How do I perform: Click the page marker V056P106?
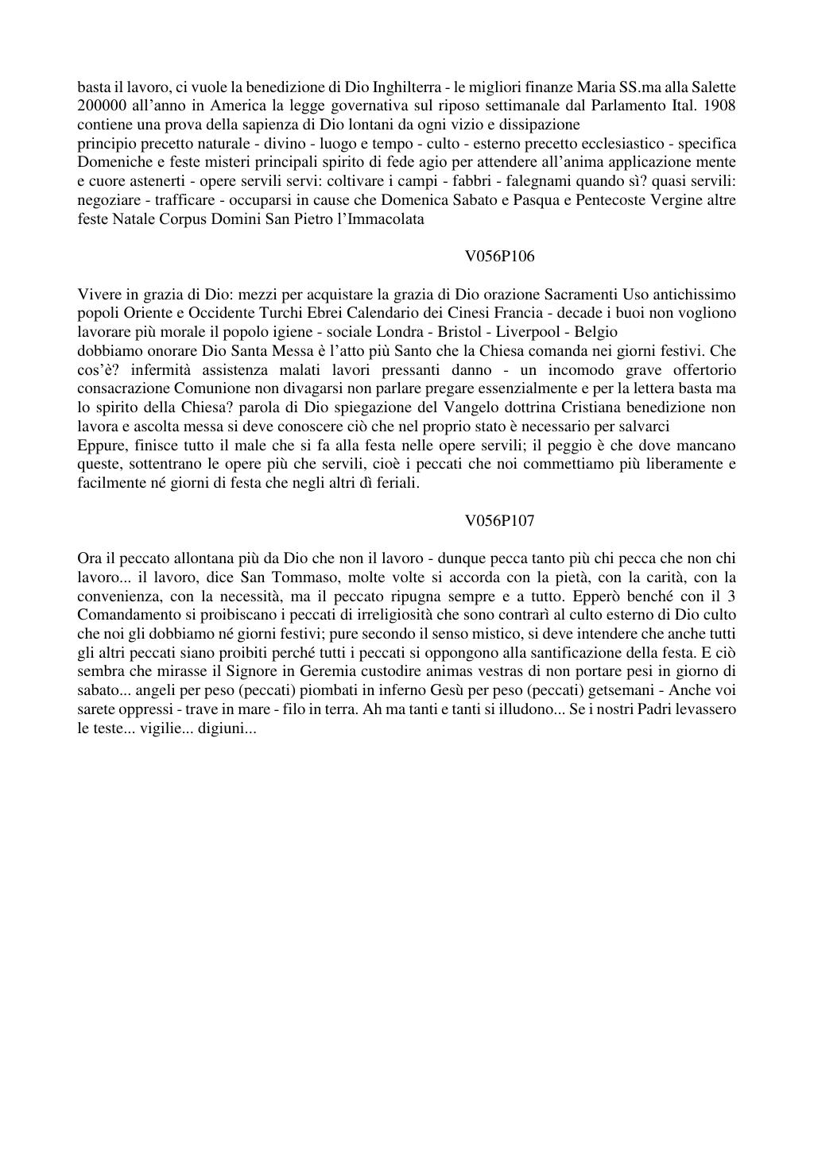click(x=500, y=257)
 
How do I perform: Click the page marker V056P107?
click(x=500, y=520)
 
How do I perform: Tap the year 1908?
click(x=719, y=106)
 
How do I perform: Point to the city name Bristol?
click(x=459, y=332)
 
